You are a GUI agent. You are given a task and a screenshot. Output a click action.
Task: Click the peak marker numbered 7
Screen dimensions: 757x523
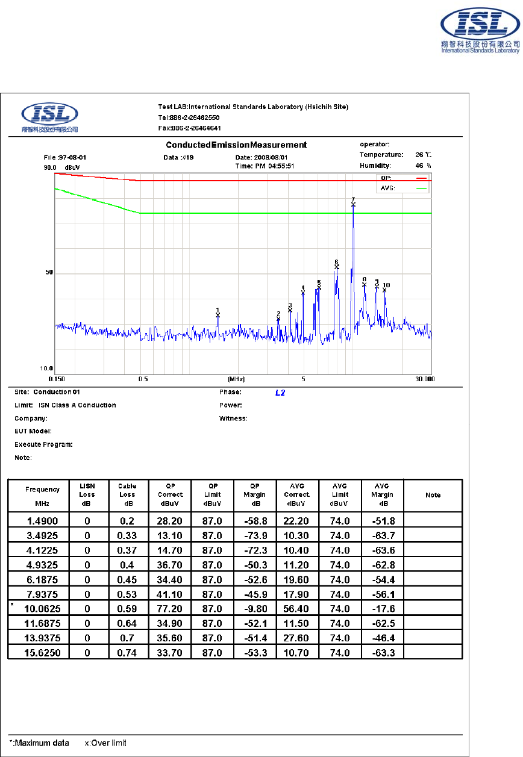353,204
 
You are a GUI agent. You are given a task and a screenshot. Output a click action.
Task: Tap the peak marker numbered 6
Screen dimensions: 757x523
337,266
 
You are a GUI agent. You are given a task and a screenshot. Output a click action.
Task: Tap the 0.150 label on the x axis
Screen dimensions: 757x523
55,379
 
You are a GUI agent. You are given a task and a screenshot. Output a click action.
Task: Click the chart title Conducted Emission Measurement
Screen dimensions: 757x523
236,145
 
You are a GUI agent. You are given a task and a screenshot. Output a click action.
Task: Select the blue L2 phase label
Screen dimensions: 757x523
280,393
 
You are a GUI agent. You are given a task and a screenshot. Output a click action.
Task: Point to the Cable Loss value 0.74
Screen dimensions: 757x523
128,652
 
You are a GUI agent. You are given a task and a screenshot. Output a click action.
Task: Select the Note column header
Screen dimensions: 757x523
433,495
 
